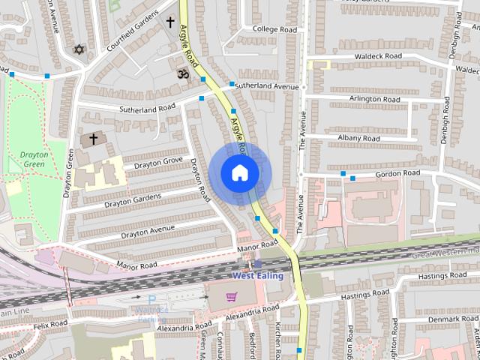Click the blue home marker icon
point(239,172)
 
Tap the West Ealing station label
point(257,276)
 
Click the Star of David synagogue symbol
point(78,49)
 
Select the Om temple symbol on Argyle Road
point(181,73)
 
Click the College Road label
point(274,29)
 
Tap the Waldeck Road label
point(359,56)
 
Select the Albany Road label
point(358,139)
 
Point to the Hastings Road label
point(442,277)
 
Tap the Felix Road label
point(49,323)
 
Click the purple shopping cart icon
point(232,297)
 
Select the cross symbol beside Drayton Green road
point(94,139)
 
